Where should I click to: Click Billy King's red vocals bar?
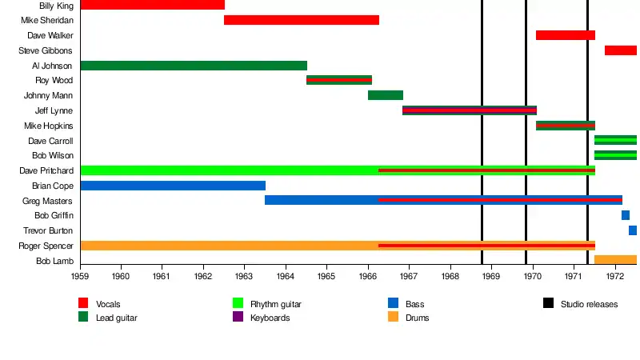point(152,5)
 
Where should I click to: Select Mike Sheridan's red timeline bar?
point(302,20)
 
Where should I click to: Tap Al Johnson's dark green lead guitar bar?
point(194,66)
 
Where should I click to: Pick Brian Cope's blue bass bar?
point(173,186)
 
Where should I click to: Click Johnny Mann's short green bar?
point(386,95)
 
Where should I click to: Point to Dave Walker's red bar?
point(566,35)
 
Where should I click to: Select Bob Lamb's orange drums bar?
point(615,260)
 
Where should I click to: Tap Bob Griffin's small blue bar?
point(626,215)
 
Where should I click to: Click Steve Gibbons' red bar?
point(620,50)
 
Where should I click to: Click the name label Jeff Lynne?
point(54,110)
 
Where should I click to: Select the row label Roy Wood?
point(54,80)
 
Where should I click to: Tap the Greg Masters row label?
point(47,201)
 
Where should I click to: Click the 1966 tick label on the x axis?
point(368,277)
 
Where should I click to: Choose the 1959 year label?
point(80,277)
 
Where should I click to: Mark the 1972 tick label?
point(614,277)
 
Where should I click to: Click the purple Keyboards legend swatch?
point(238,318)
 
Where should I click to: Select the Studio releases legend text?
point(589,304)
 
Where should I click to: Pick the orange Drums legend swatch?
point(393,318)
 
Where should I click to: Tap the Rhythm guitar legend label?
point(275,304)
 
